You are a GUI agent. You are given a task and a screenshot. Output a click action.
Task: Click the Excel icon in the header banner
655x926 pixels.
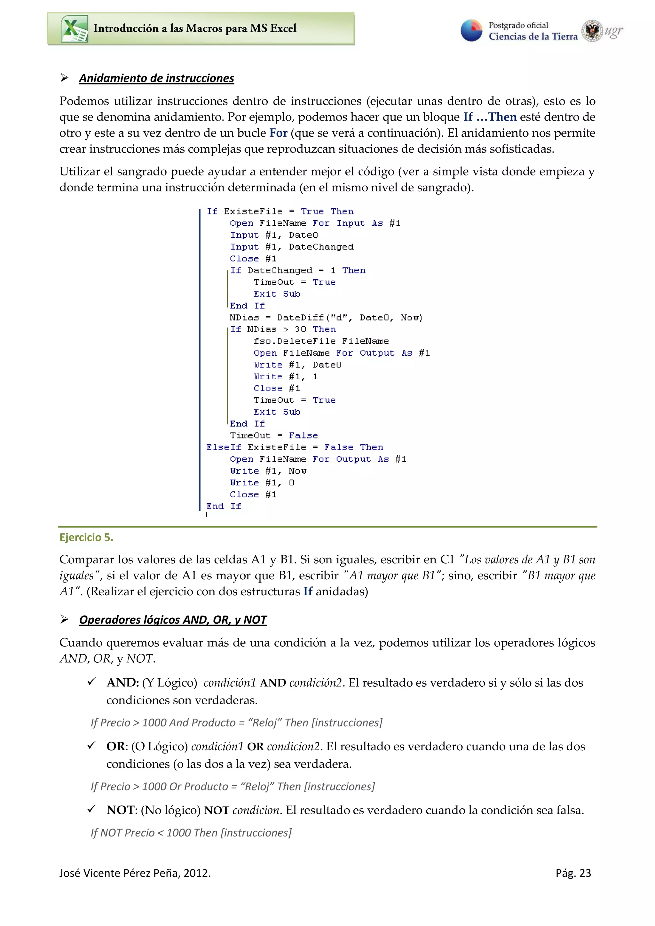coord(74,29)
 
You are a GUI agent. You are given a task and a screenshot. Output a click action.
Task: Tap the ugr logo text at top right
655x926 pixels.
coord(613,31)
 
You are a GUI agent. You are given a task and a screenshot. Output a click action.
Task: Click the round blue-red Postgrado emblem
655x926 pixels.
coord(471,31)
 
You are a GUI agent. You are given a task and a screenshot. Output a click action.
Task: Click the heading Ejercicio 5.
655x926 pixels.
coord(86,537)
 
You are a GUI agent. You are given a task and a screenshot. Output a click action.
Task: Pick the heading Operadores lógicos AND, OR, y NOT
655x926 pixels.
coord(173,620)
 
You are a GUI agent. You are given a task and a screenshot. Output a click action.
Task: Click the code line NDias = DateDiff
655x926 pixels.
coord(326,318)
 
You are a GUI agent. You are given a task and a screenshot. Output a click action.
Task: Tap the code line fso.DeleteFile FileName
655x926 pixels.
coord(321,341)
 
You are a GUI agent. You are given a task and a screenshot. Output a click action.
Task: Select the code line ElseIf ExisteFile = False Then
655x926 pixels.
coord(295,447)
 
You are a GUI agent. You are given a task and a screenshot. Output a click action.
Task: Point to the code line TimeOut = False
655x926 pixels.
coord(274,436)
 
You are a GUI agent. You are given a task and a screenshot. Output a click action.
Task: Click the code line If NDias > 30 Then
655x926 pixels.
coord(283,329)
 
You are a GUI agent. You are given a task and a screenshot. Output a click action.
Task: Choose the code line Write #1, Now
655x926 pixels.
coord(268,471)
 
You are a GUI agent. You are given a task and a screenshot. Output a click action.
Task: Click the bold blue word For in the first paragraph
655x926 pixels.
coord(279,133)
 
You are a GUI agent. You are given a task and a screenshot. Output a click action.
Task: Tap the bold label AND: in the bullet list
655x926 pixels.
coord(123,683)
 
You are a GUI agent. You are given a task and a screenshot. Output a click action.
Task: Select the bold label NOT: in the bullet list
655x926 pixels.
coord(122,810)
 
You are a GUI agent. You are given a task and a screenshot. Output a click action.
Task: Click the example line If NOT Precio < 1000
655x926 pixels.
coord(191,833)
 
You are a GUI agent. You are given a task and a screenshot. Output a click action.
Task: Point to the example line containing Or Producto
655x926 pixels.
coord(233,786)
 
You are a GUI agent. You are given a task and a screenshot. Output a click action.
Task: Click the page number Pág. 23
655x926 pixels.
coord(573,873)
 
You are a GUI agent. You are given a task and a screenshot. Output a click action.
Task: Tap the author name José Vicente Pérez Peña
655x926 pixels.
coord(135,873)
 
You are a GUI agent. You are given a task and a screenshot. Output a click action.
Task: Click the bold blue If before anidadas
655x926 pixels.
coord(308,592)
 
